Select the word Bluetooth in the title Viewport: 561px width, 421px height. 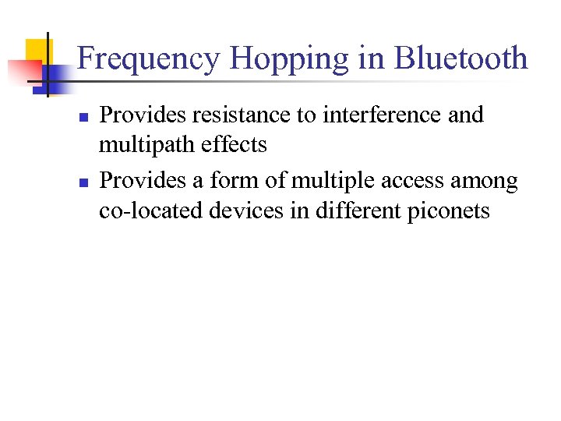click(460, 59)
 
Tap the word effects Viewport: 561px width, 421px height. click(238, 144)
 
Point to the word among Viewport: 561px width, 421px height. click(485, 182)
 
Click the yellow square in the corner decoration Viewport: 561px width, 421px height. click(36, 50)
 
